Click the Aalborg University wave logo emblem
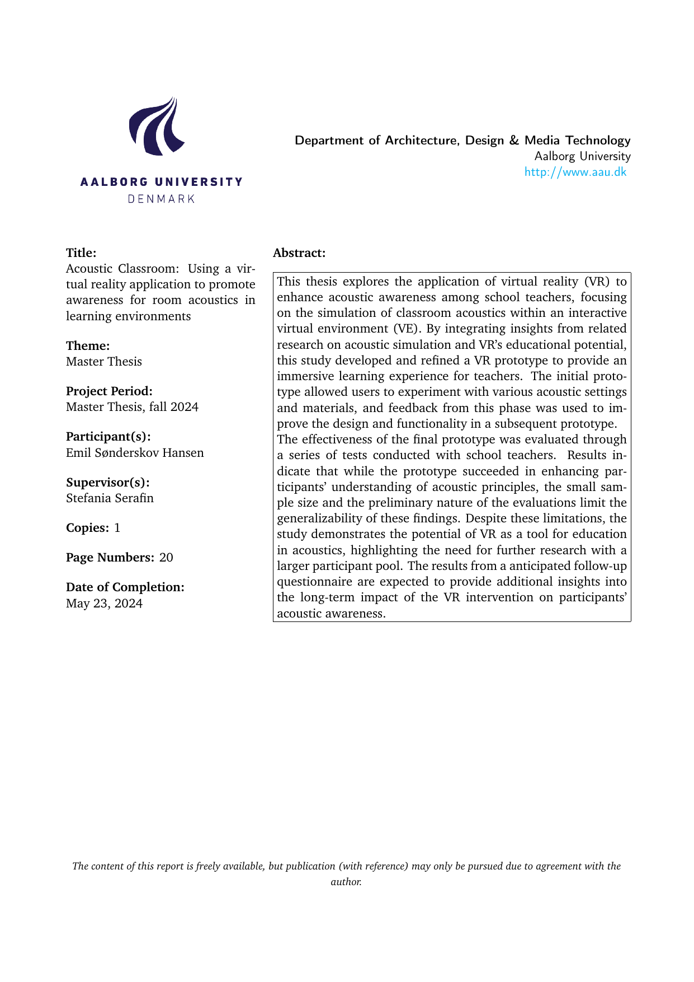[x=156, y=126]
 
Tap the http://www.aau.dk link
[x=575, y=172]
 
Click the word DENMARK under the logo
[x=161, y=199]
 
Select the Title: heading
[x=81, y=253]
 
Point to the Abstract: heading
[x=299, y=253]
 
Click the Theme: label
[x=88, y=345]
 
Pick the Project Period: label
[x=109, y=391]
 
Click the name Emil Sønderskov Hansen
[x=135, y=452]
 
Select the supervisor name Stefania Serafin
[x=110, y=498]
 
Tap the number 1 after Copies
[x=117, y=528]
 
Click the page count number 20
[x=166, y=558]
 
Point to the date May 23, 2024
[x=104, y=604]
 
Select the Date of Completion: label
[x=125, y=587]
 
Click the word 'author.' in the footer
[x=346, y=882]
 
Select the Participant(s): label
[x=108, y=436]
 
